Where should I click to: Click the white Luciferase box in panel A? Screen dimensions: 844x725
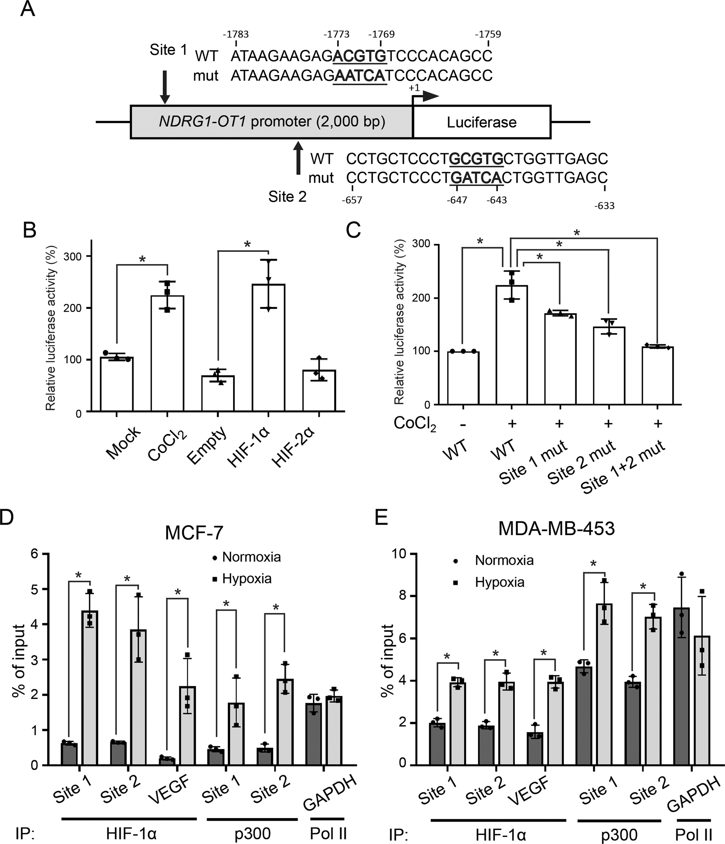(482, 122)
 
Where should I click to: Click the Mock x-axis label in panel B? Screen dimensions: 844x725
(123, 443)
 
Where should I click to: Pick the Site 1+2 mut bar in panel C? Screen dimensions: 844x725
(657, 375)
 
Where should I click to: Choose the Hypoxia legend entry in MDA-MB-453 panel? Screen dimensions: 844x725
(499, 582)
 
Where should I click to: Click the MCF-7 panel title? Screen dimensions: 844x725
(194, 532)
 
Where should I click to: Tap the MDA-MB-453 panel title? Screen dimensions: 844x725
(556, 528)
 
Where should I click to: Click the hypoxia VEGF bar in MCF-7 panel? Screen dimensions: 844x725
(188, 726)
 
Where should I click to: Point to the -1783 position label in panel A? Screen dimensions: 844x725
(236, 34)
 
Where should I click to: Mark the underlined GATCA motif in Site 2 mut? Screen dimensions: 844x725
(476, 178)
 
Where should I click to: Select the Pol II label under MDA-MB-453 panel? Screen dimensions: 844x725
(694, 834)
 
